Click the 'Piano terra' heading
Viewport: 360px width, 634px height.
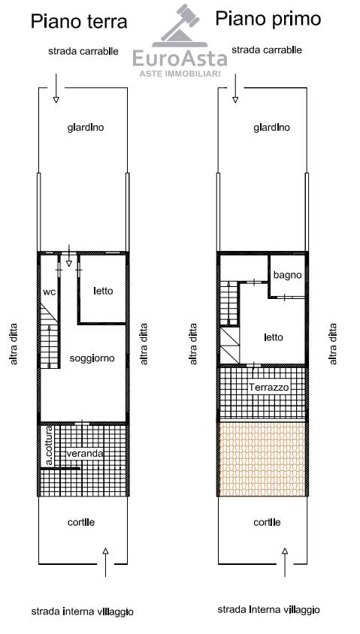(79, 22)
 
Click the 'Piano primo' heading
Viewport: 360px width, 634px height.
(268, 20)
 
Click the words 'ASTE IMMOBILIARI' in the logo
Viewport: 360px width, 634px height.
(180, 74)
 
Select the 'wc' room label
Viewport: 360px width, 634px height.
(49, 292)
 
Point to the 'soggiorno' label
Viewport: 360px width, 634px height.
(92, 358)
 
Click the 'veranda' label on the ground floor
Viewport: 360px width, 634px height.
(84, 453)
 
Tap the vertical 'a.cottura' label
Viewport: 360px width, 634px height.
(49, 445)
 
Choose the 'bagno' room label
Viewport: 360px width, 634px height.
(288, 276)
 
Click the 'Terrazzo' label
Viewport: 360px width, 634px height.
(269, 388)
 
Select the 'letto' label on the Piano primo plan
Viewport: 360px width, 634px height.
(273, 337)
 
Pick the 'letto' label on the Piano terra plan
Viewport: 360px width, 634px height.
(103, 291)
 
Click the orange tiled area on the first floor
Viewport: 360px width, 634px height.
(262, 459)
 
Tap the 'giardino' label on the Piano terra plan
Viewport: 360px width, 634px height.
(86, 128)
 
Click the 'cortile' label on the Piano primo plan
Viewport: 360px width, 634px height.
(267, 522)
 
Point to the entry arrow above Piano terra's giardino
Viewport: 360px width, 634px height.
(56, 88)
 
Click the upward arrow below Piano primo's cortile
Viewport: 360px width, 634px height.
(285, 563)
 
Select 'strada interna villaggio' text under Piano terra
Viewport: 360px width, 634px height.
(82, 611)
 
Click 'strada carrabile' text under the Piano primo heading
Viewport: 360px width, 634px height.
(267, 50)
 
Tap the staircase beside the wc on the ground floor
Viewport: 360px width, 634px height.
(50, 337)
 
